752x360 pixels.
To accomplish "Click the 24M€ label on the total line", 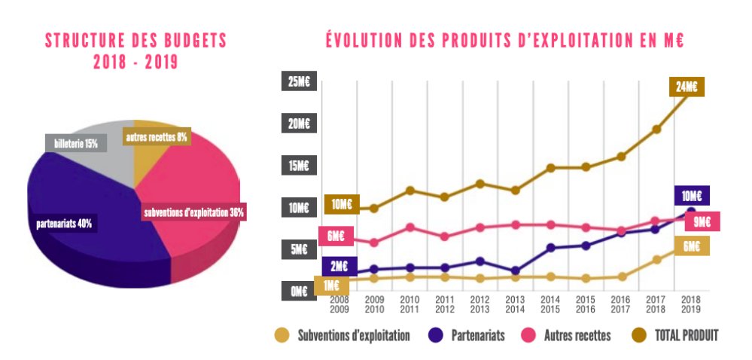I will [x=685, y=87].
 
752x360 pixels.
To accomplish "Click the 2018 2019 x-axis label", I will [x=691, y=304].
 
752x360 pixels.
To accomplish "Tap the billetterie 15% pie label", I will [x=72, y=143].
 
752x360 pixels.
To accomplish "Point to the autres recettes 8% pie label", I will [x=157, y=138].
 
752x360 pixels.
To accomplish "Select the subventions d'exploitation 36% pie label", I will [x=194, y=212].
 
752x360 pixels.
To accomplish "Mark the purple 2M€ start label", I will [x=339, y=266].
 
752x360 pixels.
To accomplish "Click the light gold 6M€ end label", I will [x=692, y=246].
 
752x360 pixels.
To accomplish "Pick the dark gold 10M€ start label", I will [x=342, y=204].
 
